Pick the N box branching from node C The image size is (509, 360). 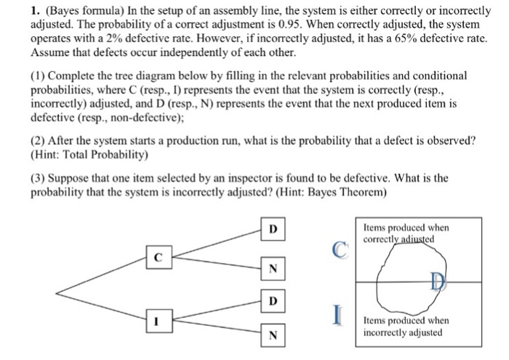point(272,268)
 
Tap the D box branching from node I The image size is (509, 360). point(272,300)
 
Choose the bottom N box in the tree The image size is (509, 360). point(272,335)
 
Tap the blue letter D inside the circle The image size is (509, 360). point(436,281)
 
